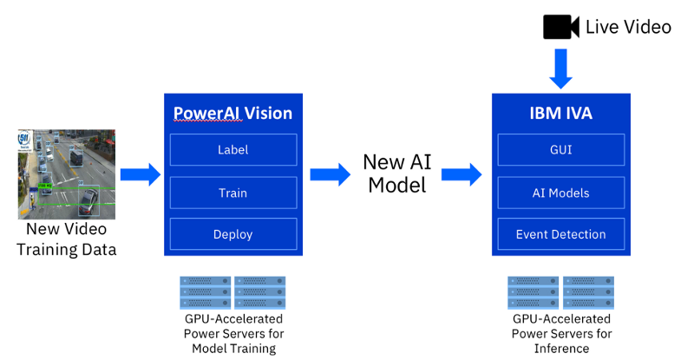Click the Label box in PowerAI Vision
click(232, 150)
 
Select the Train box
click(232, 193)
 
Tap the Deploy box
click(232, 234)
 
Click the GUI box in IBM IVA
click(561, 150)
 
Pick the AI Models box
click(561, 193)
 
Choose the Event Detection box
click(561, 234)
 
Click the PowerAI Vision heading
click(232, 113)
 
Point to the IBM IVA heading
click(561, 113)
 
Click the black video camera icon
click(560, 27)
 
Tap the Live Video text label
click(628, 27)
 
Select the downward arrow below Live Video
click(561, 68)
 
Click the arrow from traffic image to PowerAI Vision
click(140, 175)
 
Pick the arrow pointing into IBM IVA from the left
click(462, 175)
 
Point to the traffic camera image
click(67, 173)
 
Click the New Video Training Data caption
click(67, 239)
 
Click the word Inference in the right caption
click(561, 348)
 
